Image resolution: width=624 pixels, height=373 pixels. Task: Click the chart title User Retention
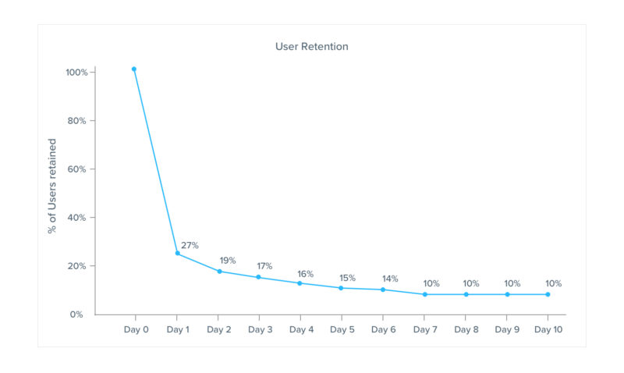pyautogui.click(x=311, y=47)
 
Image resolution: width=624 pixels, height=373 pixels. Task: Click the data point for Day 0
pyautogui.click(x=134, y=69)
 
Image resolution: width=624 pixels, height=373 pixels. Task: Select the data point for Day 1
pyautogui.click(x=178, y=253)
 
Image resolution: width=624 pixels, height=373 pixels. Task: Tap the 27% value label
pyautogui.click(x=190, y=246)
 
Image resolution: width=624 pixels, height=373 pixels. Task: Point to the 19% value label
pyautogui.click(x=227, y=261)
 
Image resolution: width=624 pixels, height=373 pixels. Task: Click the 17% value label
pyautogui.click(x=266, y=267)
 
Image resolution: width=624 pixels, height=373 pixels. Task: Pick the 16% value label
pyautogui.click(x=305, y=274)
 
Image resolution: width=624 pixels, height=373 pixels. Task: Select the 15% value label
pyautogui.click(x=347, y=279)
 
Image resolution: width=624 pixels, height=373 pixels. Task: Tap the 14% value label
pyautogui.click(x=389, y=279)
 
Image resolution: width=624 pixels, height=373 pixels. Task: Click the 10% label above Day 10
pyautogui.click(x=553, y=284)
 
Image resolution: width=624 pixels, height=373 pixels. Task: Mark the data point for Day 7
pyautogui.click(x=425, y=294)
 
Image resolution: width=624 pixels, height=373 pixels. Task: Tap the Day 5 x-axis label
pyautogui.click(x=342, y=330)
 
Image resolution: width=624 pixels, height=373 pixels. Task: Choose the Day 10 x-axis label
pyautogui.click(x=548, y=330)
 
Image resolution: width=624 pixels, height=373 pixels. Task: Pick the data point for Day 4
pyautogui.click(x=300, y=282)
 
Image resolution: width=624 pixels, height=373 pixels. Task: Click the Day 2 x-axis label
pyautogui.click(x=219, y=330)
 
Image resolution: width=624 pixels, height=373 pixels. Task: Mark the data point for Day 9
pyautogui.click(x=507, y=294)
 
